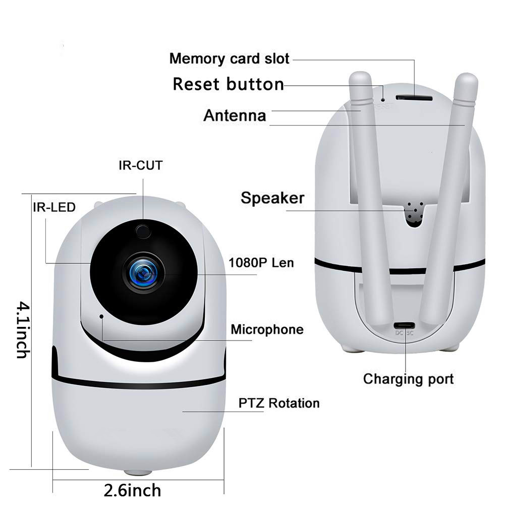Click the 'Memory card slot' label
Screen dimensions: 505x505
point(230,59)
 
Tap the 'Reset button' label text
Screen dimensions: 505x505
point(229,84)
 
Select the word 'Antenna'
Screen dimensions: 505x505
point(235,116)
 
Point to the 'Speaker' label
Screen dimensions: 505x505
point(272,198)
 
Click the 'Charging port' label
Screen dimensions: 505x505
point(408,379)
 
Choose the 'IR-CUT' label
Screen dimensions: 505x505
point(140,165)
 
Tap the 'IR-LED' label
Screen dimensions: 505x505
point(54,207)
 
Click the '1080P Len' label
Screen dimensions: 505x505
point(261,263)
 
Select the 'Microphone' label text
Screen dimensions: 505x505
point(267,329)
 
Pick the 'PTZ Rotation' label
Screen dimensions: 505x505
point(279,403)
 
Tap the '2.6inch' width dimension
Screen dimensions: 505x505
point(132,490)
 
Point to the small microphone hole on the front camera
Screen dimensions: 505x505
point(101,316)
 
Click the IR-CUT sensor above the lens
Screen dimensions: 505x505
point(143,231)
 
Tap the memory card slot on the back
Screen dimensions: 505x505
point(414,97)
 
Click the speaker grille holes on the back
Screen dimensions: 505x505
point(414,212)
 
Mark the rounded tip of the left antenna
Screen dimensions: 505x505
point(360,77)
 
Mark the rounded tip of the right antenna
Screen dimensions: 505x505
point(467,79)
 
